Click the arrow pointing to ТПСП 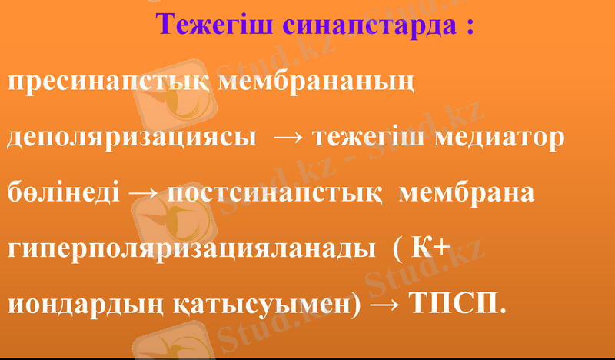pos(387,303)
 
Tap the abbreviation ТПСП pos(460,302)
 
